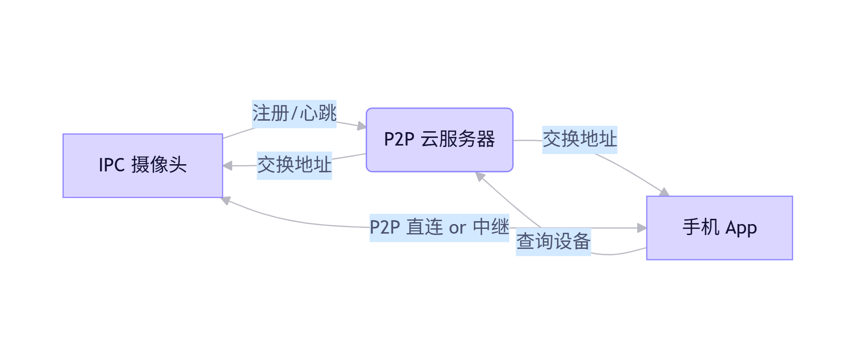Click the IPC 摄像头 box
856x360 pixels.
(x=143, y=166)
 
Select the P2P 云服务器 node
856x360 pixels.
(x=439, y=140)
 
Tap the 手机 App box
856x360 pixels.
(x=720, y=228)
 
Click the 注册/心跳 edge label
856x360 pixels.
(x=294, y=114)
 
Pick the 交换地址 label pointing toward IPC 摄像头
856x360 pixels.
(x=294, y=165)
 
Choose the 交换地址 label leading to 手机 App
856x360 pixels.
(x=580, y=139)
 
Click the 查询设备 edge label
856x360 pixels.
(x=553, y=241)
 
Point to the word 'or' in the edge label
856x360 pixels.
(x=457, y=228)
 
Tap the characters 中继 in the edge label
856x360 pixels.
(x=491, y=227)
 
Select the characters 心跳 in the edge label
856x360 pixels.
(x=318, y=114)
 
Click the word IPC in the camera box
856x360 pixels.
(x=112, y=165)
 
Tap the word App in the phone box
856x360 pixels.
(x=741, y=228)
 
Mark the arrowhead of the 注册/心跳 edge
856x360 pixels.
(x=362, y=126)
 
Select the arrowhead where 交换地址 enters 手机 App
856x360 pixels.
(x=665, y=192)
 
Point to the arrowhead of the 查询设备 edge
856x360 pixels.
(x=480, y=176)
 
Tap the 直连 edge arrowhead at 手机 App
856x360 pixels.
(x=642, y=228)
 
